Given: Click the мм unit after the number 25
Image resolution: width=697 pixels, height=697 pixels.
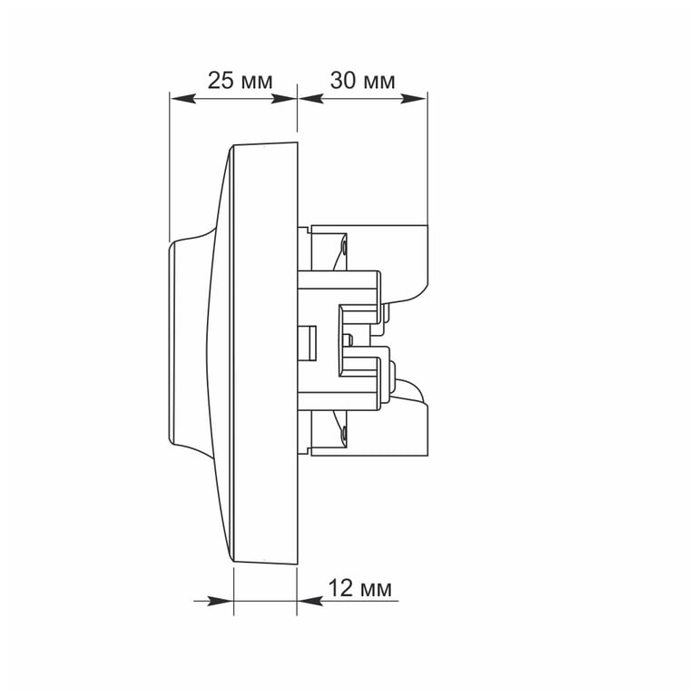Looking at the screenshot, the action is (x=257, y=83).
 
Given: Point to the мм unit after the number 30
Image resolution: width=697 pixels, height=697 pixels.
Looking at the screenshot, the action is (x=379, y=83).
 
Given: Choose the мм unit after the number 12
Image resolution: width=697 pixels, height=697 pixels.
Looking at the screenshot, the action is (x=376, y=590).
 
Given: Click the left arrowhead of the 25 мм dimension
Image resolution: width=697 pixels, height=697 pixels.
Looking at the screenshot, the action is (x=182, y=98).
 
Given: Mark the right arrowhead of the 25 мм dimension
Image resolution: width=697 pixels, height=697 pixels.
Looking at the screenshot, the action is (x=283, y=98).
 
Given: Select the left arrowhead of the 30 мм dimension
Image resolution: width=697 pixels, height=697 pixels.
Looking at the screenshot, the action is (x=310, y=98).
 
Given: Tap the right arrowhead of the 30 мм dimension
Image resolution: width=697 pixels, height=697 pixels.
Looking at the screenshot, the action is (x=414, y=98).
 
